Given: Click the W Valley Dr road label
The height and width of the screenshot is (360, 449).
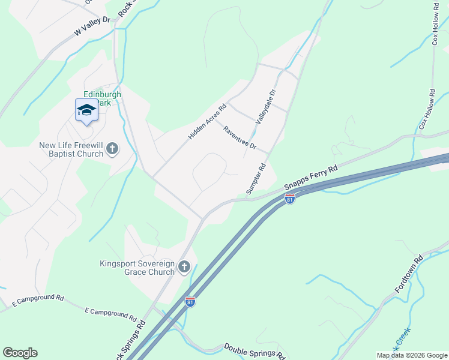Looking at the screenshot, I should [92, 26].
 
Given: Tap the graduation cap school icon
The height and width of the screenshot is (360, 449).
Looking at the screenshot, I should [86, 110].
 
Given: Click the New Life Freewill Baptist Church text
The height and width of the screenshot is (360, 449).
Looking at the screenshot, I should [71, 149].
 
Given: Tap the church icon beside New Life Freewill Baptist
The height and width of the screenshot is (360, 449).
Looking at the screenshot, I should [113, 149].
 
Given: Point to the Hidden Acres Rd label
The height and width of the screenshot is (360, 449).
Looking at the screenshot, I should [206, 122].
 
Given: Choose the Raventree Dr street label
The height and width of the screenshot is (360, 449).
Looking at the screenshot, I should [240, 138].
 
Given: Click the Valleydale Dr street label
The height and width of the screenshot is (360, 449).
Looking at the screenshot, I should [265, 107].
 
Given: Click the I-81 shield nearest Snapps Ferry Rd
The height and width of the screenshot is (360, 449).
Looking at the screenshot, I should [290, 197].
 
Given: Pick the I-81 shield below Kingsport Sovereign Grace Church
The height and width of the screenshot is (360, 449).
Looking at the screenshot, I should [190, 302].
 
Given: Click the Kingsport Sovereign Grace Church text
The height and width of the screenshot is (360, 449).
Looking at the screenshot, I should [137, 268].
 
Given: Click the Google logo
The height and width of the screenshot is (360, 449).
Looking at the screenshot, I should [20, 353].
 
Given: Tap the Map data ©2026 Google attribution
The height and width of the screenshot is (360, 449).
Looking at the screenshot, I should [412, 355].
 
